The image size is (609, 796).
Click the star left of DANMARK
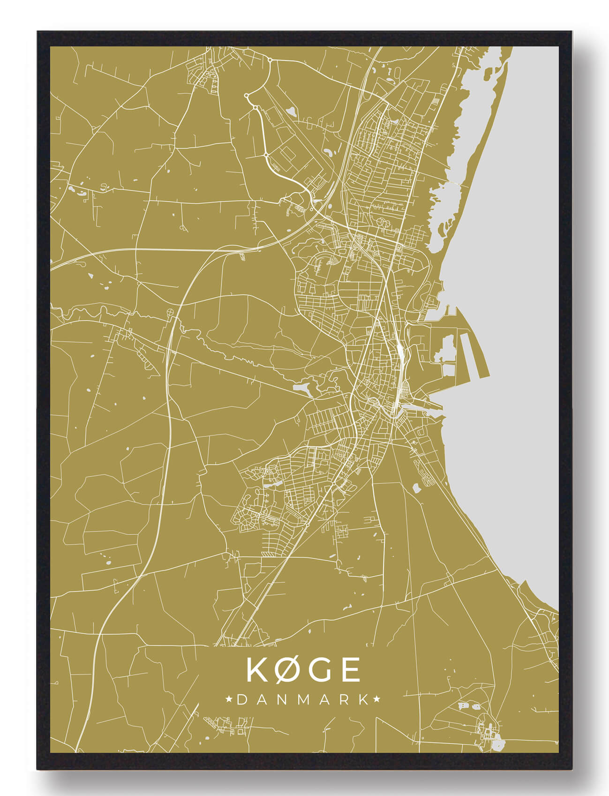(x=229, y=699)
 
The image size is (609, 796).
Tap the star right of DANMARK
(x=376, y=699)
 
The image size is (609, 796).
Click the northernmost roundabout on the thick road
(x=270, y=60)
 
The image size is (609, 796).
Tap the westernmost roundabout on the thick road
(x=246, y=96)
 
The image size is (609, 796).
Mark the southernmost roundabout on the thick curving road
(x=266, y=154)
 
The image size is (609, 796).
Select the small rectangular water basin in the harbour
(x=448, y=370)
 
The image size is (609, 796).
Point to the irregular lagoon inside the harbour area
(x=445, y=349)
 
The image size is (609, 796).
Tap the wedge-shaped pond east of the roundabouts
(x=292, y=112)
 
